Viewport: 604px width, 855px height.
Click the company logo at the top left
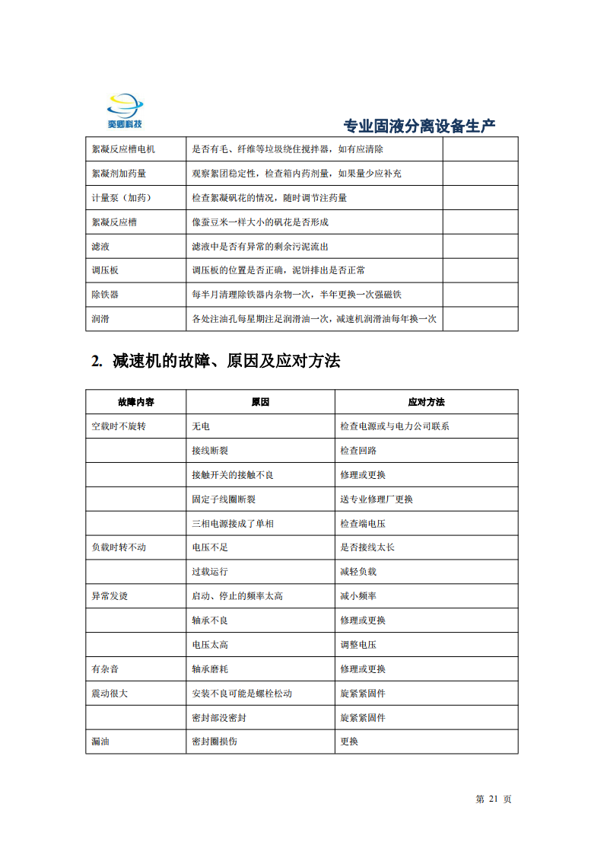126,111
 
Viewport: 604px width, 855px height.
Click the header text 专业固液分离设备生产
419,126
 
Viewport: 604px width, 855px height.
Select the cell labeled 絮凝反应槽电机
123,149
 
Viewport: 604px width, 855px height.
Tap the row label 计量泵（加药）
122,198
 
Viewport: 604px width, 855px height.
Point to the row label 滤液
100,247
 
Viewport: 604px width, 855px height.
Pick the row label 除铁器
105,295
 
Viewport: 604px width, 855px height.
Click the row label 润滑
100,319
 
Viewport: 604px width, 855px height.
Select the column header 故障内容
136,402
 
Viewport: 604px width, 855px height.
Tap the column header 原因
260,402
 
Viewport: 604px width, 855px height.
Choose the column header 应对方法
426,402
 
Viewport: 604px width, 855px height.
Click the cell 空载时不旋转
119,426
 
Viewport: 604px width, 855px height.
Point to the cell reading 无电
201,426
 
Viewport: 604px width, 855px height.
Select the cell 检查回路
358,451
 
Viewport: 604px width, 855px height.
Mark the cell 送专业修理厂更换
377,499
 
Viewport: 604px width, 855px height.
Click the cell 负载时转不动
119,547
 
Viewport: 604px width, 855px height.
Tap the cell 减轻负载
358,572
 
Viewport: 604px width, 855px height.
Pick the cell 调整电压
358,645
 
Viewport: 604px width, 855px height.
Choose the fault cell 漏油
100,742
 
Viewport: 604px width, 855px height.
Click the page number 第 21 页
493,799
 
